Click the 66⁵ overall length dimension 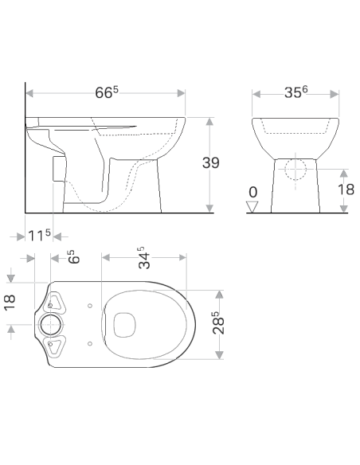pos(107,92)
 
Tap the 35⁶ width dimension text pos(295,92)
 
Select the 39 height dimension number pos(210,162)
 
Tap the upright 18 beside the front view pos(346,189)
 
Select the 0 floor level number pos(252,192)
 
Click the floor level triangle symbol pos(253,207)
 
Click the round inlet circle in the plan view pos(50,324)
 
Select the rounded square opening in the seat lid pos(123,323)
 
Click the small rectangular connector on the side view pos(56,168)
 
